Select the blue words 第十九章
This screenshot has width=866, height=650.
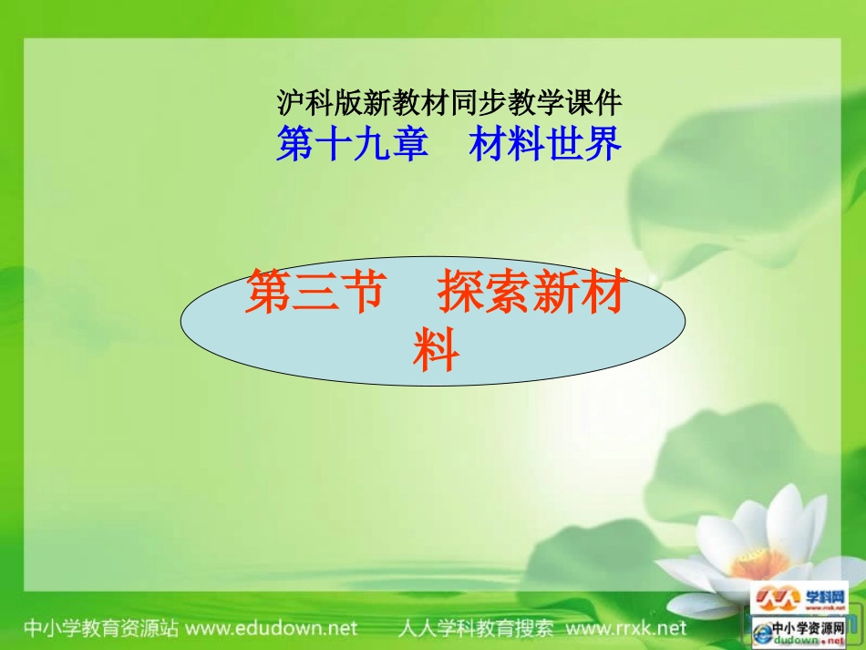tap(352, 144)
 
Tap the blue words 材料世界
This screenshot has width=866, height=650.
tap(545, 144)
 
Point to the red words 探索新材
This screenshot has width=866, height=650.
tap(531, 297)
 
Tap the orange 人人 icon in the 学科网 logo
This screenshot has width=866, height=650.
tap(776, 598)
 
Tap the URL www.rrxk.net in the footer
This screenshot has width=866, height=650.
tap(624, 628)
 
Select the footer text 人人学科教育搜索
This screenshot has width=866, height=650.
tap(476, 628)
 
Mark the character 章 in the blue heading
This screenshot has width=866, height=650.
tap(409, 144)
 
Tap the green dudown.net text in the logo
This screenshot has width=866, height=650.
tap(809, 641)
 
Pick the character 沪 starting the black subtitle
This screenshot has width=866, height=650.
tap(286, 101)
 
